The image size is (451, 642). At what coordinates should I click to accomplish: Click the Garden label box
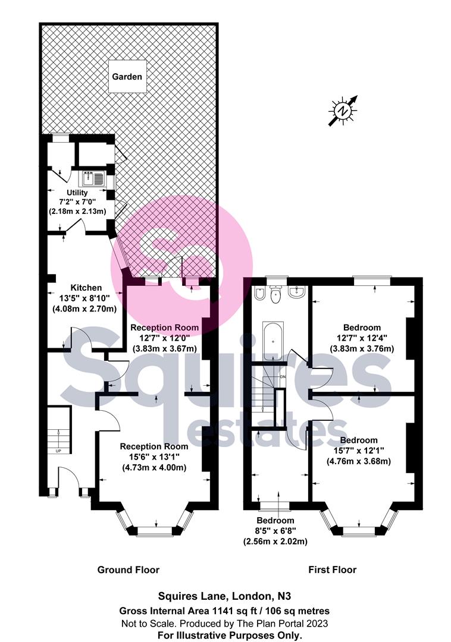tap(129, 76)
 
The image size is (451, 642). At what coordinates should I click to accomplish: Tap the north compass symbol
tap(343, 111)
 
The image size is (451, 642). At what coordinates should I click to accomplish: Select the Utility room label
tap(77, 193)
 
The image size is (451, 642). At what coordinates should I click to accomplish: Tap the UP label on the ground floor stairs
tap(58, 451)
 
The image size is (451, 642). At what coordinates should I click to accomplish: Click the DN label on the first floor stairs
tap(283, 377)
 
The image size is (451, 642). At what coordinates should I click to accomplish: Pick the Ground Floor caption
tap(129, 569)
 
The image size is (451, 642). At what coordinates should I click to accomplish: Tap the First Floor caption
tap(332, 569)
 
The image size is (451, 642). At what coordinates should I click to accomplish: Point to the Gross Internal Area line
tap(224, 610)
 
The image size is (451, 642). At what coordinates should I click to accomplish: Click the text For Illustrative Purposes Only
tap(224, 635)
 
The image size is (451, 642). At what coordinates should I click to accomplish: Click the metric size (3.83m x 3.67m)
tap(165, 348)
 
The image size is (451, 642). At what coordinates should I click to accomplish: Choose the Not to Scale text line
tap(224, 622)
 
